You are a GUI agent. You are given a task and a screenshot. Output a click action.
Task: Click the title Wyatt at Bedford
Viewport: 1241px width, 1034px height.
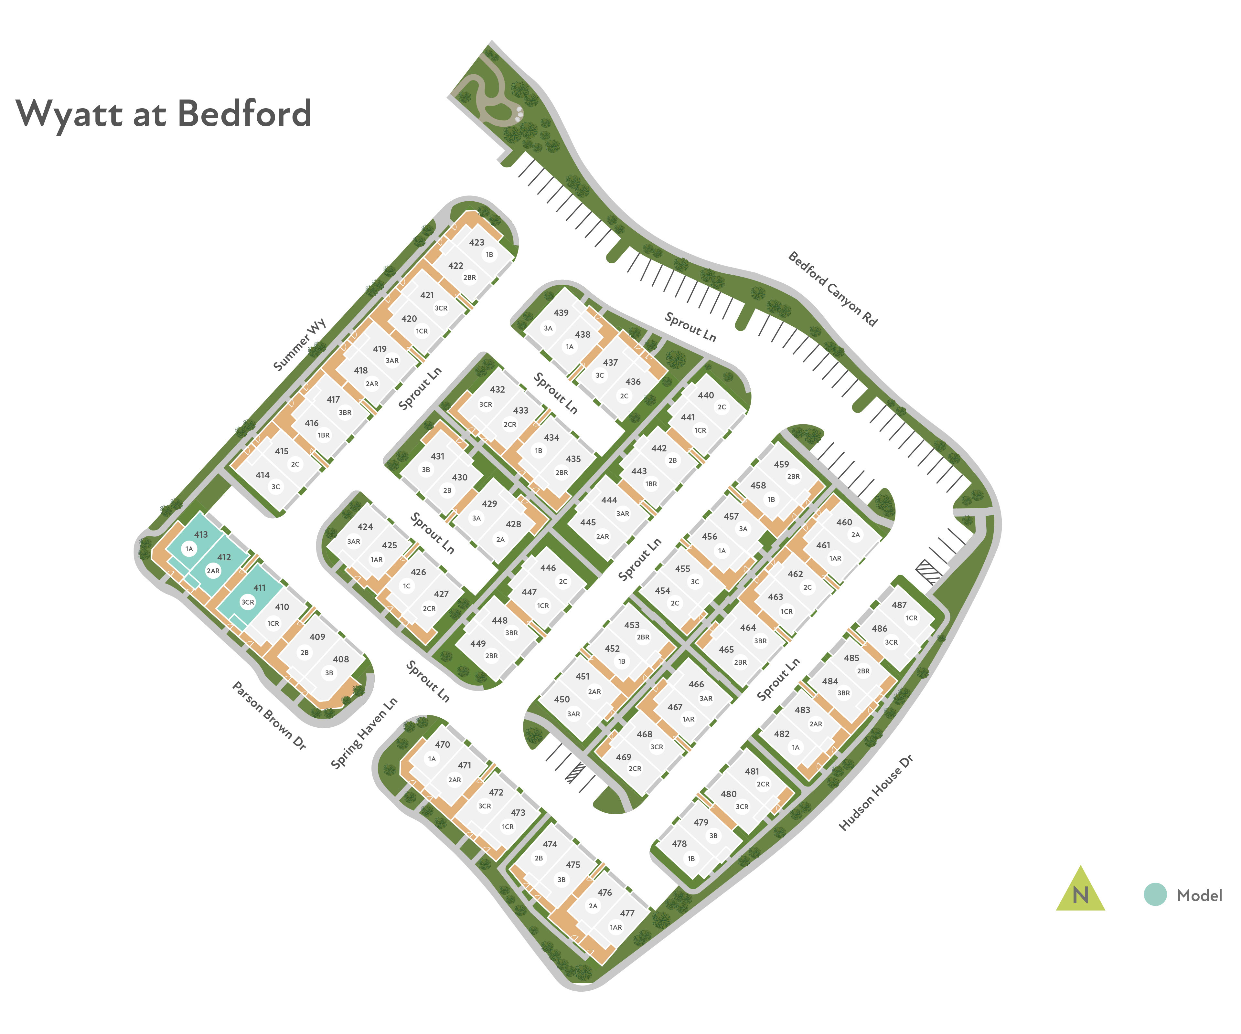(x=163, y=113)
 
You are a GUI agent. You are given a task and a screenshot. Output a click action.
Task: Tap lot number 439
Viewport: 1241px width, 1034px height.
(x=561, y=312)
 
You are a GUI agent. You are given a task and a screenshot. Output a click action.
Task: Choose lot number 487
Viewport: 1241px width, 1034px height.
(x=899, y=605)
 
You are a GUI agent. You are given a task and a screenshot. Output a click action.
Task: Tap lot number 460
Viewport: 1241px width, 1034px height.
(x=844, y=522)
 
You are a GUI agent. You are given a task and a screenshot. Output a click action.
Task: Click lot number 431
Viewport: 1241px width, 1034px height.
(x=437, y=456)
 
